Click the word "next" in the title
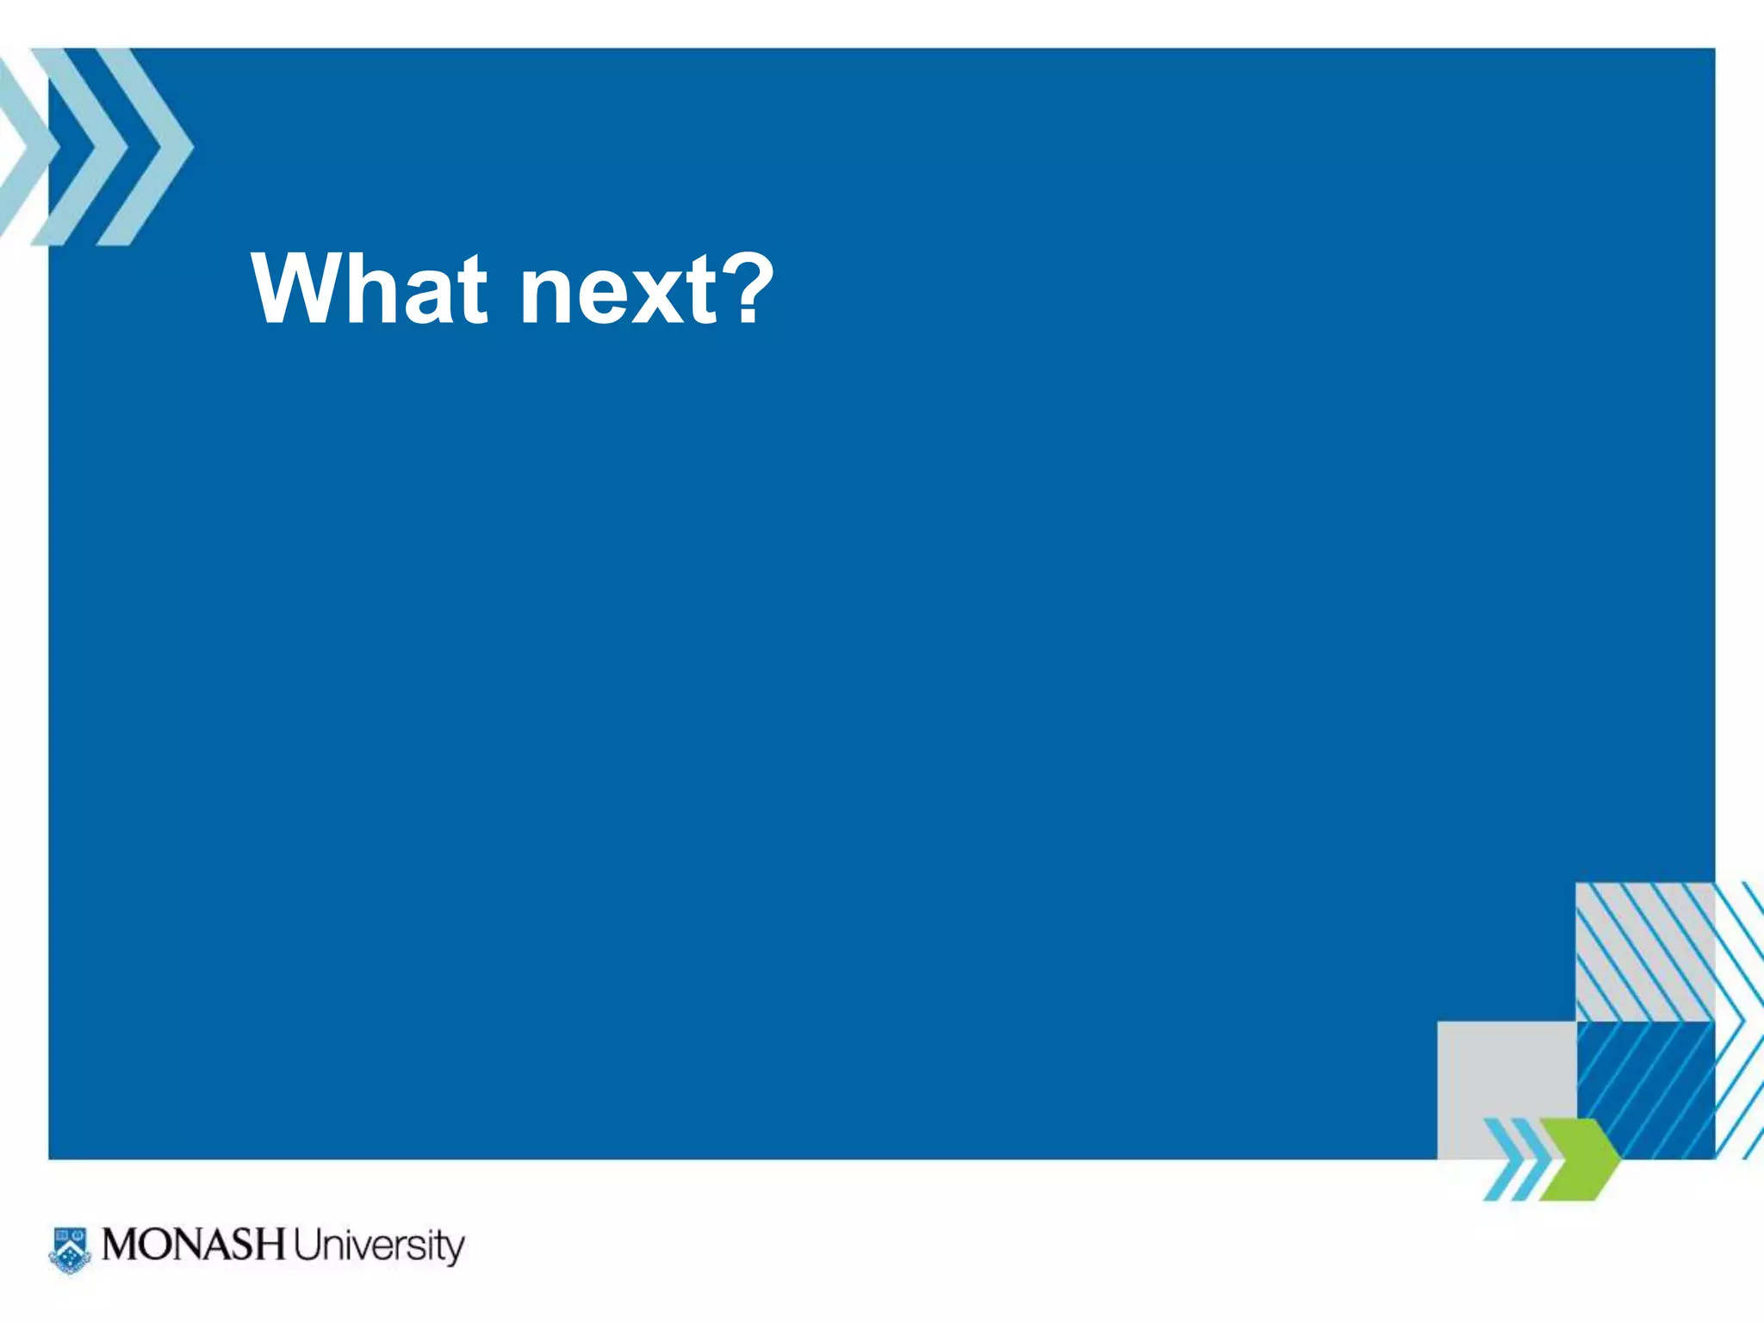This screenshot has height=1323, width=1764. [617, 293]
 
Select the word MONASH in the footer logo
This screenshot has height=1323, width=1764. [193, 1245]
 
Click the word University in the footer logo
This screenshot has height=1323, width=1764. [378, 1247]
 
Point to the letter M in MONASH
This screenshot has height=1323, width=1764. [121, 1245]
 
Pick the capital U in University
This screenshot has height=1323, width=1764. [306, 1245]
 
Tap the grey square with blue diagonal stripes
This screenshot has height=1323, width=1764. [1643, 951]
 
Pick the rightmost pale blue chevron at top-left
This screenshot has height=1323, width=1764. [145, 146]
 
